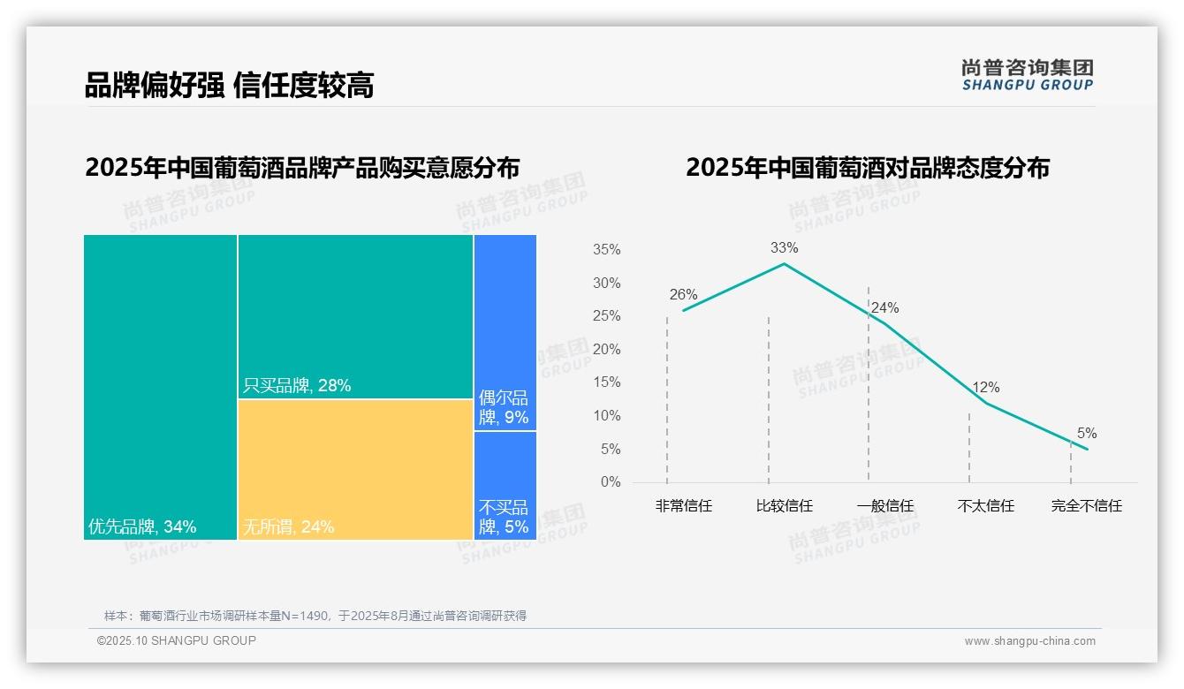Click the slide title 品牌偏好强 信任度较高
[x=229, y=85]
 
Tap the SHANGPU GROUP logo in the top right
[x=1027, y=75]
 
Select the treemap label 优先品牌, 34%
[x=142, y=527]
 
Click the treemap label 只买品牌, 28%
[x=297, y=386]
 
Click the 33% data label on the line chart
[x=784, y=248]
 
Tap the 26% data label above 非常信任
[x=683, y=295]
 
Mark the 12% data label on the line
[x=985, y=388]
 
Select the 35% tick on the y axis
[x=606, y=250]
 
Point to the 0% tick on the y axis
[x=610, y=482]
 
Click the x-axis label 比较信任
[x=784, y=506]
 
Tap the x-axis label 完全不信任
[x=1086, y=506]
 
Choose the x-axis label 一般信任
[x=884, y=506]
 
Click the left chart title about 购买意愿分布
[x=302, y=167]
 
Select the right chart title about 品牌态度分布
[x=867, y=167]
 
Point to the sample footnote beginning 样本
[x=315, y=616]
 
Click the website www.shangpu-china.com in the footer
[x=1029, y=641]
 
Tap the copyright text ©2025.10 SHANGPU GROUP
[x=177, y=640]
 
